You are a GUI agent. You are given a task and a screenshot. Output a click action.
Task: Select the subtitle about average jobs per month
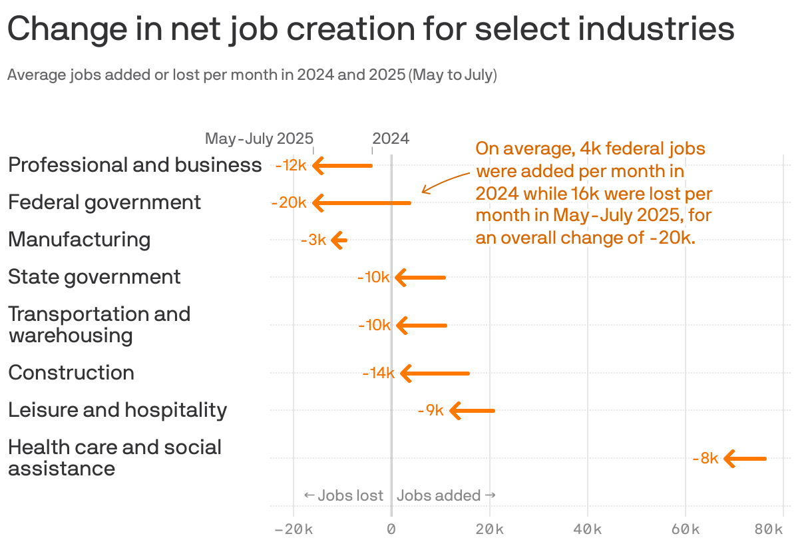[252, 75]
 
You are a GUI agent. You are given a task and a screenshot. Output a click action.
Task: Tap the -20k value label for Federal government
[288, 203]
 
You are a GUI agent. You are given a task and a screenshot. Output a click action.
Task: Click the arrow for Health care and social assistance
[745, 459]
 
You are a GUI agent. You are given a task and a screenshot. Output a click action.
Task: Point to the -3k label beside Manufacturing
[313, 240]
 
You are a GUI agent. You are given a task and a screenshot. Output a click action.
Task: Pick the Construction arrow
[435, 374]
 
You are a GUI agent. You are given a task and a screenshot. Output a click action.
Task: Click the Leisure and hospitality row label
[118, 410]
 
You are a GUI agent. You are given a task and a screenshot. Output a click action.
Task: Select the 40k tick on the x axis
[588, 529]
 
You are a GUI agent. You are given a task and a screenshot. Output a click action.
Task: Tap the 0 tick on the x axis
[391, 529]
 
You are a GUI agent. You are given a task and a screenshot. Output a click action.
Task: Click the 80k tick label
[769, 529]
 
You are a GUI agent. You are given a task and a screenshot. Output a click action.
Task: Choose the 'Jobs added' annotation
[446, 495]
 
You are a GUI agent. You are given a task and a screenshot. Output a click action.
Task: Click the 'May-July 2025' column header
[259, 139]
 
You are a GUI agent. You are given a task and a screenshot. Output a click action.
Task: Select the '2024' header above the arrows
[391, 139]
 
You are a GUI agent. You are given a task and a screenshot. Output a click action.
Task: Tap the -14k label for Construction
[378, 374]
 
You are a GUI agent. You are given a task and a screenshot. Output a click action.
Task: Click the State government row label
[95, 277]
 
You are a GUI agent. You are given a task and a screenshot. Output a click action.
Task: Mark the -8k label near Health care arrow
[705, 459]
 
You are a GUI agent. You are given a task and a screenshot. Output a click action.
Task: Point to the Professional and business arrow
[343, 165]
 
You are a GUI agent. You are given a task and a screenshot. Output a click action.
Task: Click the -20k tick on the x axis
[293, 529]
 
